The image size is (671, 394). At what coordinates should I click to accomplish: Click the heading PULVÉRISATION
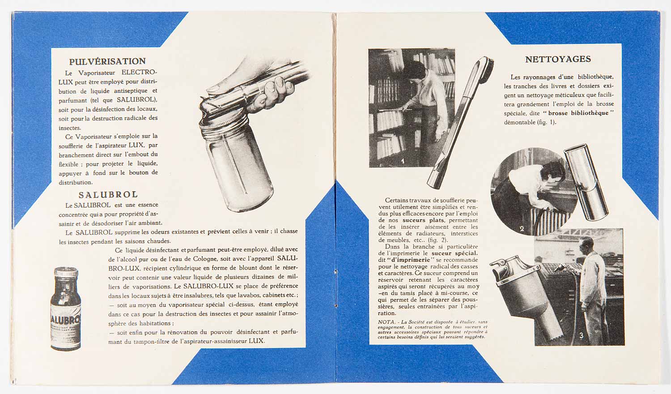107,61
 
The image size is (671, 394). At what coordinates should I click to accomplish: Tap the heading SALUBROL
108,195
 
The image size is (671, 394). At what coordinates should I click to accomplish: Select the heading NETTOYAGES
558,59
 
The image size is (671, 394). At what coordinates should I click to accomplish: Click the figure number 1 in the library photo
402,161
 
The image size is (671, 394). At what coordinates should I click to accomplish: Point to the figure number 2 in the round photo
522,229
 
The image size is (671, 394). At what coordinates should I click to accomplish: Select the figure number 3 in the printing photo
581,335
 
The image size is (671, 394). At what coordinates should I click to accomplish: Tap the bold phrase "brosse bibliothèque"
578,113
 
